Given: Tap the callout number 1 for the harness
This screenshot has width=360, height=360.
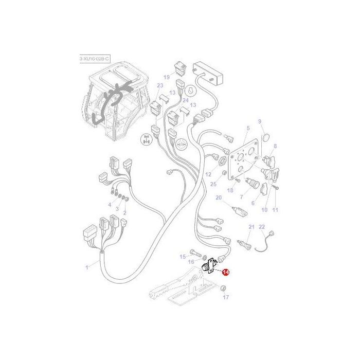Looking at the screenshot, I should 87,266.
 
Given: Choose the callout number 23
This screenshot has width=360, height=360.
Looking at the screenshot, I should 160,86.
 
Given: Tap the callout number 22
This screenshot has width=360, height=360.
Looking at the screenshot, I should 261,227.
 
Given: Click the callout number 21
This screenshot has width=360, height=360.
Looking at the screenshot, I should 251,227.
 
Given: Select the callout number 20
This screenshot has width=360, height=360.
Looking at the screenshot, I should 218,197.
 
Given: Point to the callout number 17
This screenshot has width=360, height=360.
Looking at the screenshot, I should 225,297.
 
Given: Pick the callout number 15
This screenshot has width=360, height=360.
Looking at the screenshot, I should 182,256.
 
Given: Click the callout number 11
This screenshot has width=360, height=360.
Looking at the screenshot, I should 275,210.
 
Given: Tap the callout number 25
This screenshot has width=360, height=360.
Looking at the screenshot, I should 213,184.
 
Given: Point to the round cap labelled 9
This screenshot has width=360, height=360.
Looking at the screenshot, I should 266,137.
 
